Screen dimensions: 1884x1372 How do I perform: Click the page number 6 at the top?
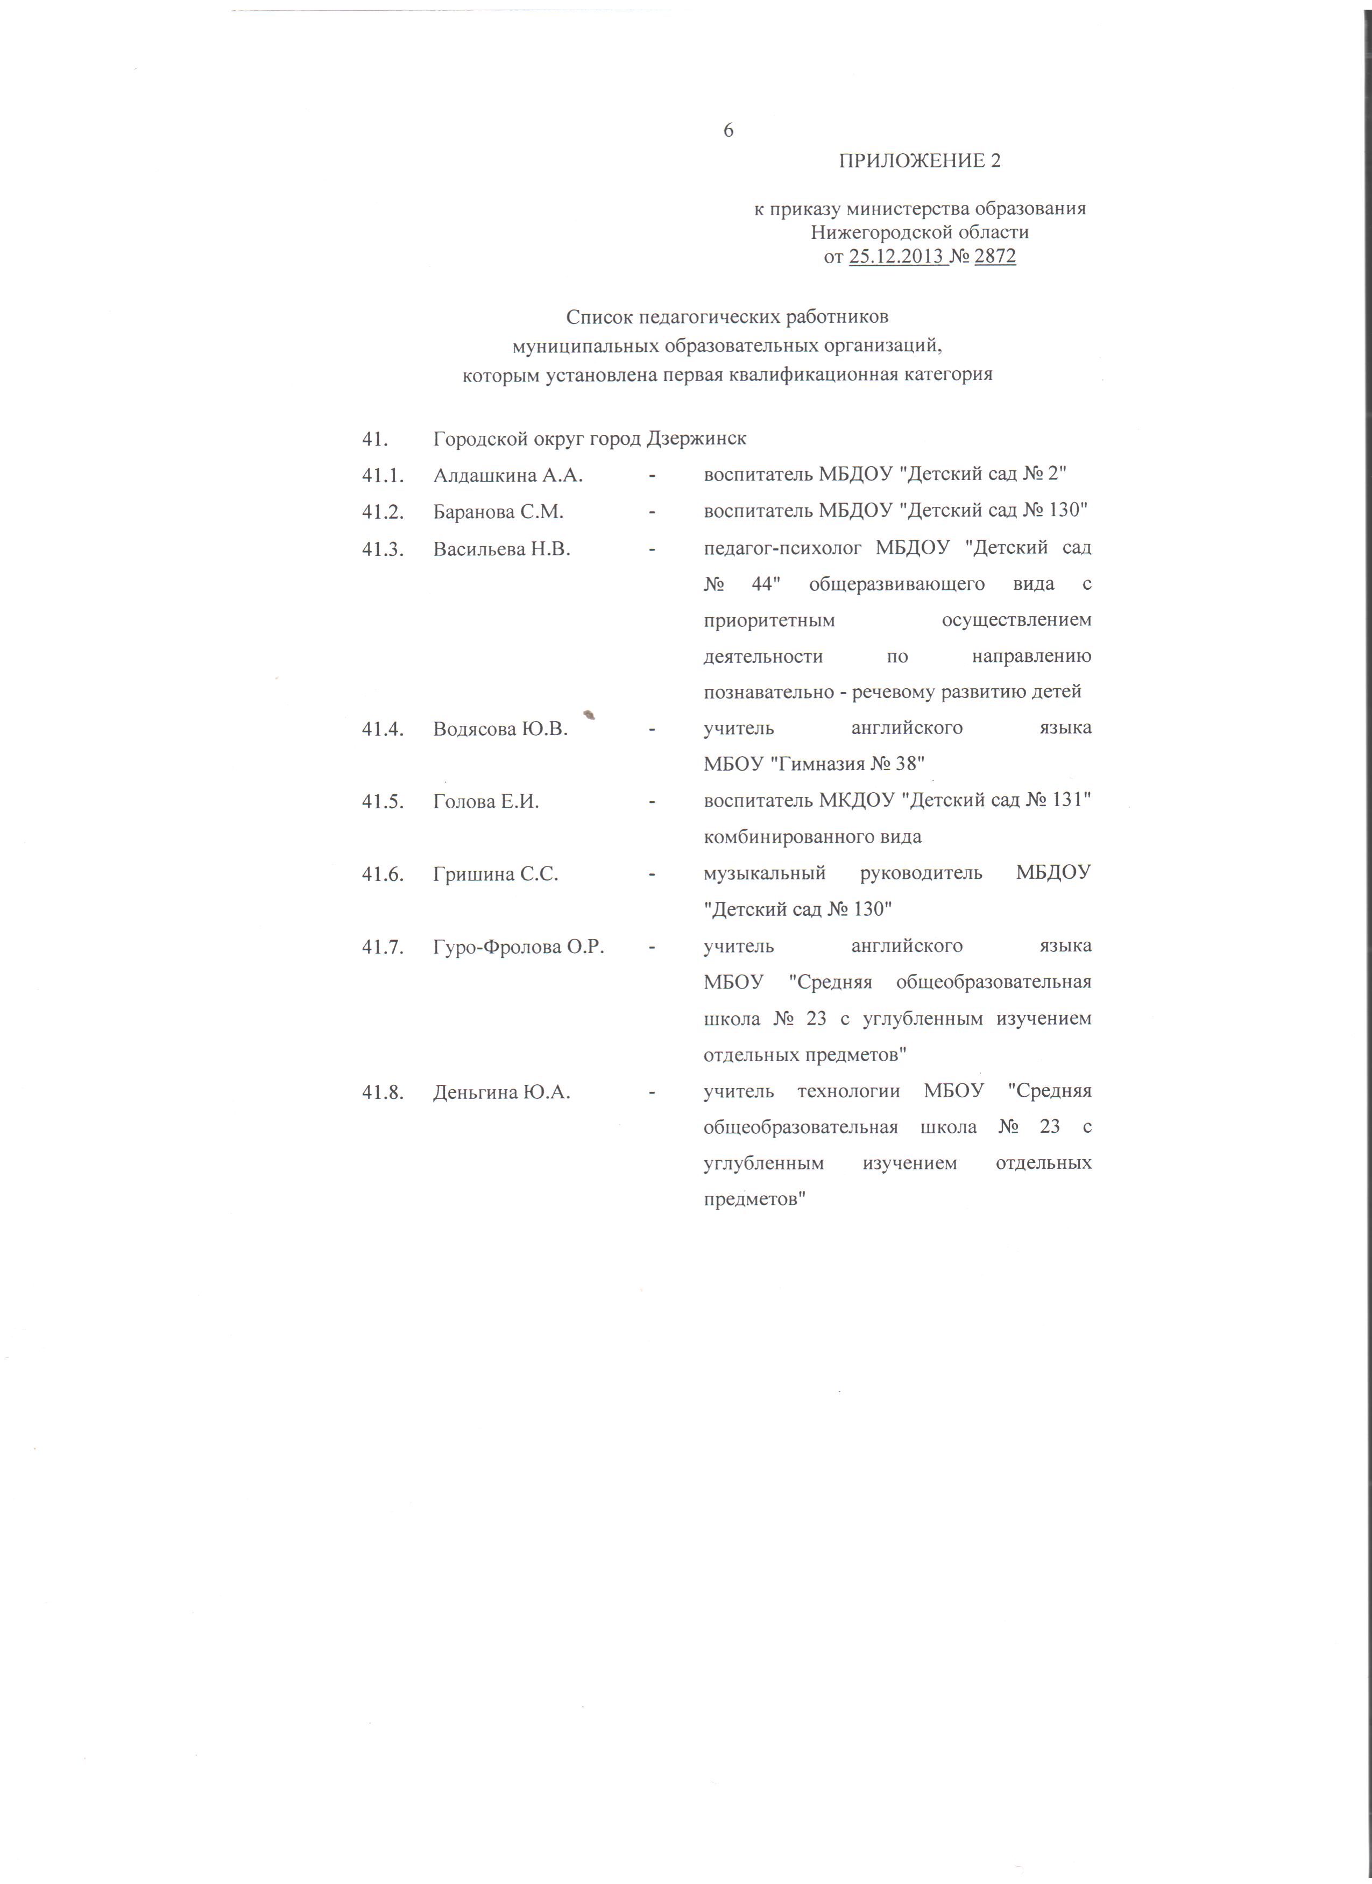[x=729, y=130]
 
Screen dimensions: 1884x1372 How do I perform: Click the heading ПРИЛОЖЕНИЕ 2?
[x=920, y=161]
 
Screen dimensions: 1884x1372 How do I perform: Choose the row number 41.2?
[x=383, y=512]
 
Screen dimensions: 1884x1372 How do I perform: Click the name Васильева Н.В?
[x=501, y=548]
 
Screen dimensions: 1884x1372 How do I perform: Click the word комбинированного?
[x=777, y=836]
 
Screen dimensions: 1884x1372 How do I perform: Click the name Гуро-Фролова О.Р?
[x=518, y=946]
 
